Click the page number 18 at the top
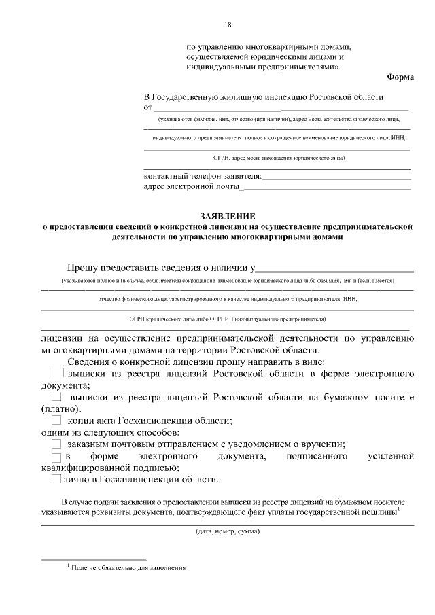point(227,25)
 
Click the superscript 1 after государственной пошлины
point(399,509)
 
